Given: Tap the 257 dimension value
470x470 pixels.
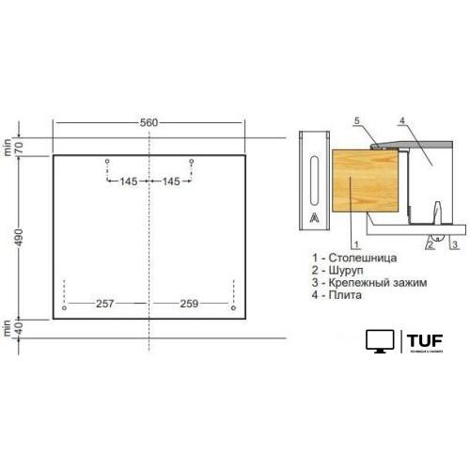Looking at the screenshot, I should (104, 304).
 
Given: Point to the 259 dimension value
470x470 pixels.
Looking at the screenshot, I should (190, 304).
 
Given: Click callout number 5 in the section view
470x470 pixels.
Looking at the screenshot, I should (358, 121).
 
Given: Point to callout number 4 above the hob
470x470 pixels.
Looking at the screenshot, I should (400, 121).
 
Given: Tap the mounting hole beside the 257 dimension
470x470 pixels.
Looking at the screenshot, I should (63, 307).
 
